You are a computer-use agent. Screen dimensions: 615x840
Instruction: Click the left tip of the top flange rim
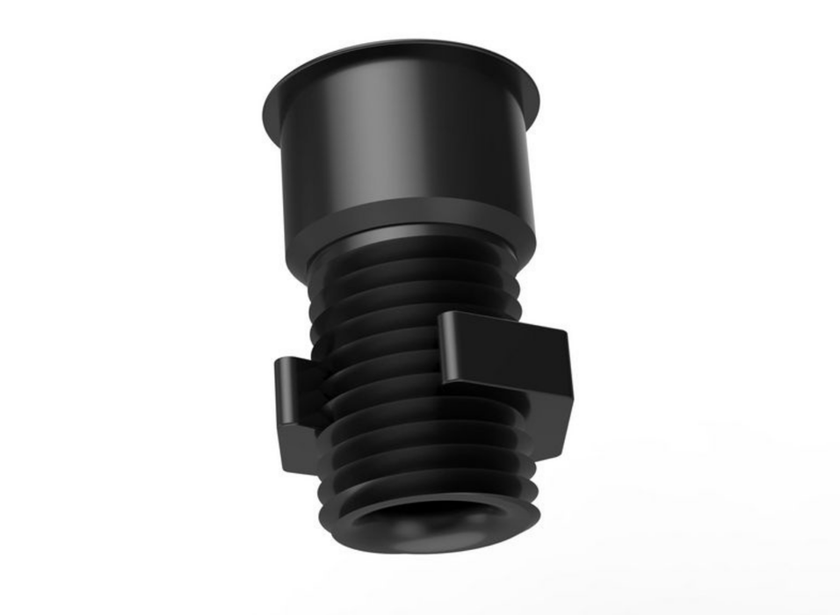266,112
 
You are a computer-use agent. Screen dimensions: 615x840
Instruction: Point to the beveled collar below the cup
413,233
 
